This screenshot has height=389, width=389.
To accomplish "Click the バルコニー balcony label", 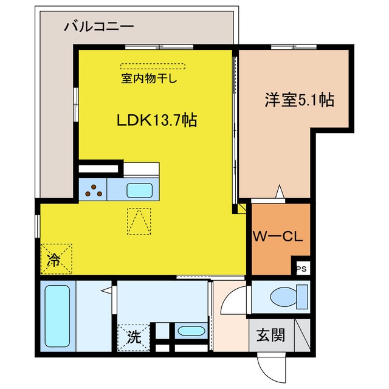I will click(98, 27).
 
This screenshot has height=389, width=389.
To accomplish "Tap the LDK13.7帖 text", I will click(156, 120).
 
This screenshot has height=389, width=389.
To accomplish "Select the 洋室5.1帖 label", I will click(299, 100).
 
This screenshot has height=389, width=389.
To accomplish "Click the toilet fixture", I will click(285, 297).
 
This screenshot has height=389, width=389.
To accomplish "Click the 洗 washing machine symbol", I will click(137, 336).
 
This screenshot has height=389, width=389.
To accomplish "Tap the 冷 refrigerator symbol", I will click(55, 260).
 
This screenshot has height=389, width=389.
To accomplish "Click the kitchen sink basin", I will click(140, 190).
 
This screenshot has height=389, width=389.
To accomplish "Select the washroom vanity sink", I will click(190, 332).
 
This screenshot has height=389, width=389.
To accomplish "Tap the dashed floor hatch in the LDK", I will click(139, 221).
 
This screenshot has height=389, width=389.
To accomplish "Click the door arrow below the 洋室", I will click(279, 191).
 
